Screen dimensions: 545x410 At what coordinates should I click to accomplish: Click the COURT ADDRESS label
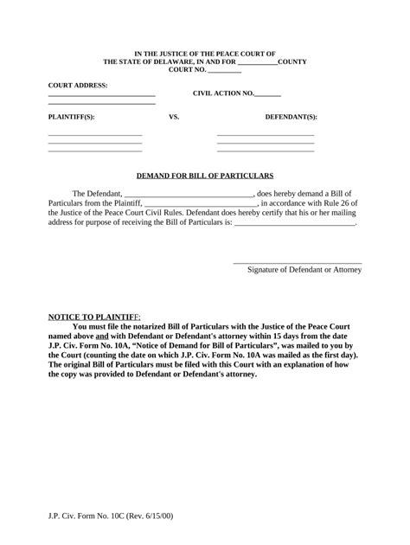pyautogui.click(x=78, y=86)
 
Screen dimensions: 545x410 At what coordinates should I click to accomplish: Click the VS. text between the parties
pyautogui.click(x=174, y=115)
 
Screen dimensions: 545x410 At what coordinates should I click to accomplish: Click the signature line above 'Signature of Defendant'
pyautogui.click(x=298, y=261)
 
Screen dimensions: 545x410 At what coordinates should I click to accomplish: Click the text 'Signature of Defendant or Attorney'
pyautogui.click(x=304, y=270)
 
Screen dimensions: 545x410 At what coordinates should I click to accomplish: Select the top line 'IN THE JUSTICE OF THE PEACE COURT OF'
pyautogui.click(x=205, y=54)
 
